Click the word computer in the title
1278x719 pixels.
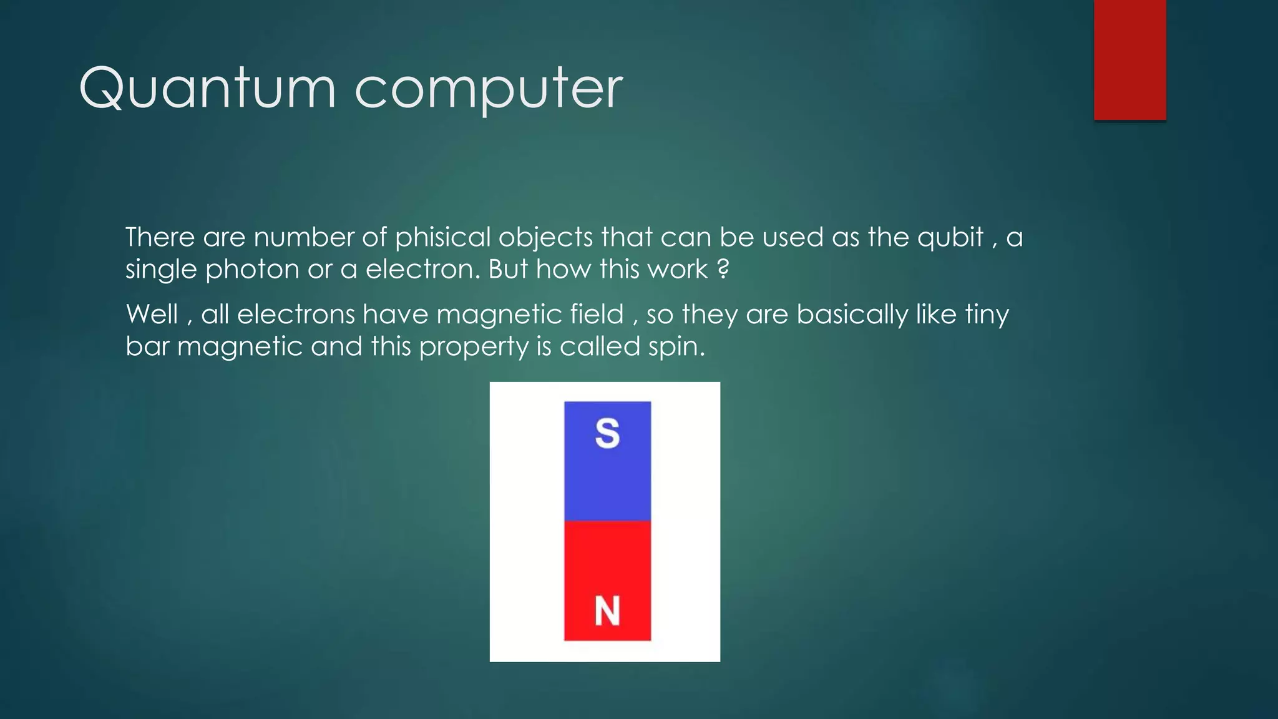[x=489, y=89]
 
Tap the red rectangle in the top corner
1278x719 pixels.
[x=1129, y=59]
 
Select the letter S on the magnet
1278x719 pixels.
[x=607, y=433]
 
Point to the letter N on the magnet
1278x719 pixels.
[x=607, y=610]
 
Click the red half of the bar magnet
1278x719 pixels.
[x=607, y=562]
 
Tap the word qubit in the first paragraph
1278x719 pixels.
[x=950, y=238]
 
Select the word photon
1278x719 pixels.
[x=252, y=270]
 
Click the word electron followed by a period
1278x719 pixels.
[x=422, y=270]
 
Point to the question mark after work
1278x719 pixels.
[x=723, y=270]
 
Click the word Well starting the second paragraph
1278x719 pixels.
[x=152, y=314]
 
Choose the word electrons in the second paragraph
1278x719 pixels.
[x=296, y=314]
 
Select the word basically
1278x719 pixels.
[x=852, y=314]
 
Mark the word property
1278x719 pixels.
[x=473, y=347]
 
